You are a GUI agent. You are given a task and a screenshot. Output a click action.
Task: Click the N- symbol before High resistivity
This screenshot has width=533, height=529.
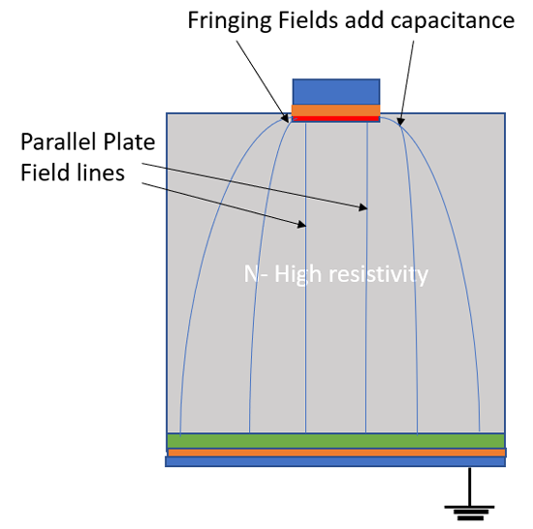[256, 275]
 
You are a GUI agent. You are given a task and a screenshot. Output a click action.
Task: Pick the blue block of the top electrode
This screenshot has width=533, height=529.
[336, 91]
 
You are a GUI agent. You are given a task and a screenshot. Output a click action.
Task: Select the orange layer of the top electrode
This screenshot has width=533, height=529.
[336, 110]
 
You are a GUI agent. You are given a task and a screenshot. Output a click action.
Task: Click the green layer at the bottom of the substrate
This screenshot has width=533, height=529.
[335, 440]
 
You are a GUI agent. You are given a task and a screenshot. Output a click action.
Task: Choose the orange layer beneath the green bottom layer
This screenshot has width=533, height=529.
[335, 452]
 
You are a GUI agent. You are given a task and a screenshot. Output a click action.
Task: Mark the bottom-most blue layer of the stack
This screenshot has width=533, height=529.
[335, 462]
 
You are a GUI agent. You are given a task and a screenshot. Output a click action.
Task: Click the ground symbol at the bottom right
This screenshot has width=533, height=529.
[471, 504]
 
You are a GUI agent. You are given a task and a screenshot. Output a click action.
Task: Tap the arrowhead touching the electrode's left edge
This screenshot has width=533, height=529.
[289, 119]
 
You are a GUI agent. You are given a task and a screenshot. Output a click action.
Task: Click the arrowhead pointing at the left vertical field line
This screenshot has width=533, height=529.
[303, 226]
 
